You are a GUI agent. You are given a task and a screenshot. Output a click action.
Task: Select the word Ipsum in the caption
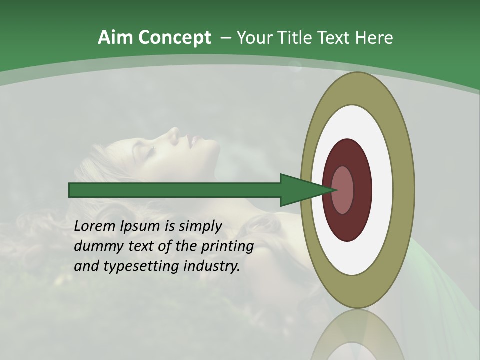coord(141,227)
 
